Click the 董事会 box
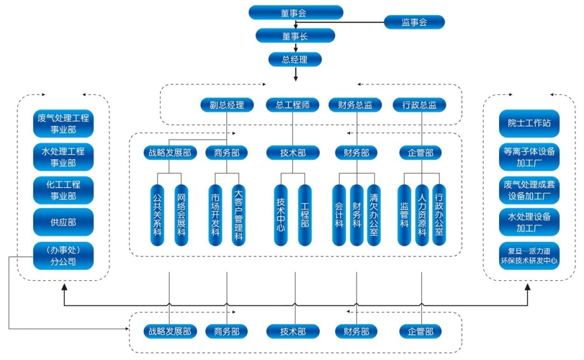click(x=295, y=13)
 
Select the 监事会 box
click(x=414, y=22)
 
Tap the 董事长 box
click(x=295, y=36)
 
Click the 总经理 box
click(x=295, y=59)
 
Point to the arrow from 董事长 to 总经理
click(x=295, y=47)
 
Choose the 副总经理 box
click(x=227, y=105)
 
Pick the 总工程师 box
click(x=293, y=105)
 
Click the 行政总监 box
click(x=420, y=105)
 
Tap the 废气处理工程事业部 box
click(x=63, y=124)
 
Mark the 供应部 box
click(x=63, y=222)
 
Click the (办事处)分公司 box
click(x=63, y=256)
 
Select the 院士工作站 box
click(x=529, y=123)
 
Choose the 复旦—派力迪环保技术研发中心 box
click(x=529, y=256)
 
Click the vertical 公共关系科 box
click(x=158, y=215)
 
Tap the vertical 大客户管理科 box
click(x=239, y=215)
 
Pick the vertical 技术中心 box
click(x=281, y=215)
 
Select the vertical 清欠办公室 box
click(x=374, y=215)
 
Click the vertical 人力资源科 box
click(x=422, y=215)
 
